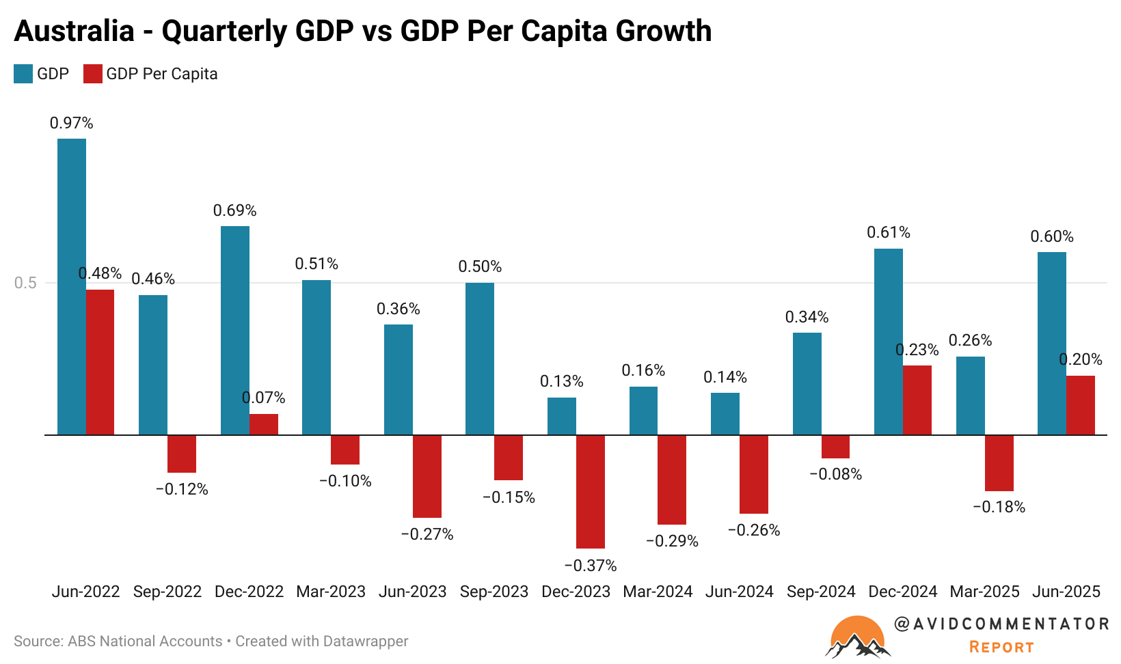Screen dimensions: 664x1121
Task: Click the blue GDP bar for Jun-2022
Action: tap(71, 286)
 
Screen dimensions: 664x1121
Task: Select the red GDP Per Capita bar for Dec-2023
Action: tap(590, 491)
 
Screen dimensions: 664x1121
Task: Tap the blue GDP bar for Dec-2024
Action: tap(888, 342)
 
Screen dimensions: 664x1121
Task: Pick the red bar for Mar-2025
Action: tap(999, 462)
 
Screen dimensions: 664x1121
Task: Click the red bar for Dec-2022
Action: tap(263, 424)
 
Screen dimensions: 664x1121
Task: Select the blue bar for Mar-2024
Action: tap(643, 411)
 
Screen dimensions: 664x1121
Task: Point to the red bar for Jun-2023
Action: tap(427, 476)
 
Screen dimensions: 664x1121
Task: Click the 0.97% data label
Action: tap(71, 123)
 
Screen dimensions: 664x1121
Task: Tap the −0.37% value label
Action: tap(591, 566)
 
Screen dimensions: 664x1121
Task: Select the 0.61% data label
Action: tap(888, 232)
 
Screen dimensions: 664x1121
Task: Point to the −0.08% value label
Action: tap(835, 474)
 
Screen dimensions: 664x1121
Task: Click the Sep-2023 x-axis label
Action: tap(494, 592)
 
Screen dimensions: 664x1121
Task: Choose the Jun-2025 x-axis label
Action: tap(1066, 592)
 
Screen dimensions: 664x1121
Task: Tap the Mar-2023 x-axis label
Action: tap(331, 592)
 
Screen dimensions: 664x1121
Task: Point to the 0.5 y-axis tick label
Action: tap(25, 283)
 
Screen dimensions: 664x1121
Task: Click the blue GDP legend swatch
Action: tap(23, 74)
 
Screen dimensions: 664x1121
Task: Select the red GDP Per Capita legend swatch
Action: tap(92, 74)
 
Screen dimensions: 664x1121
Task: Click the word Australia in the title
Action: tap(74, 31)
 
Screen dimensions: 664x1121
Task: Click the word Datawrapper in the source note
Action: tap(365, 641)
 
